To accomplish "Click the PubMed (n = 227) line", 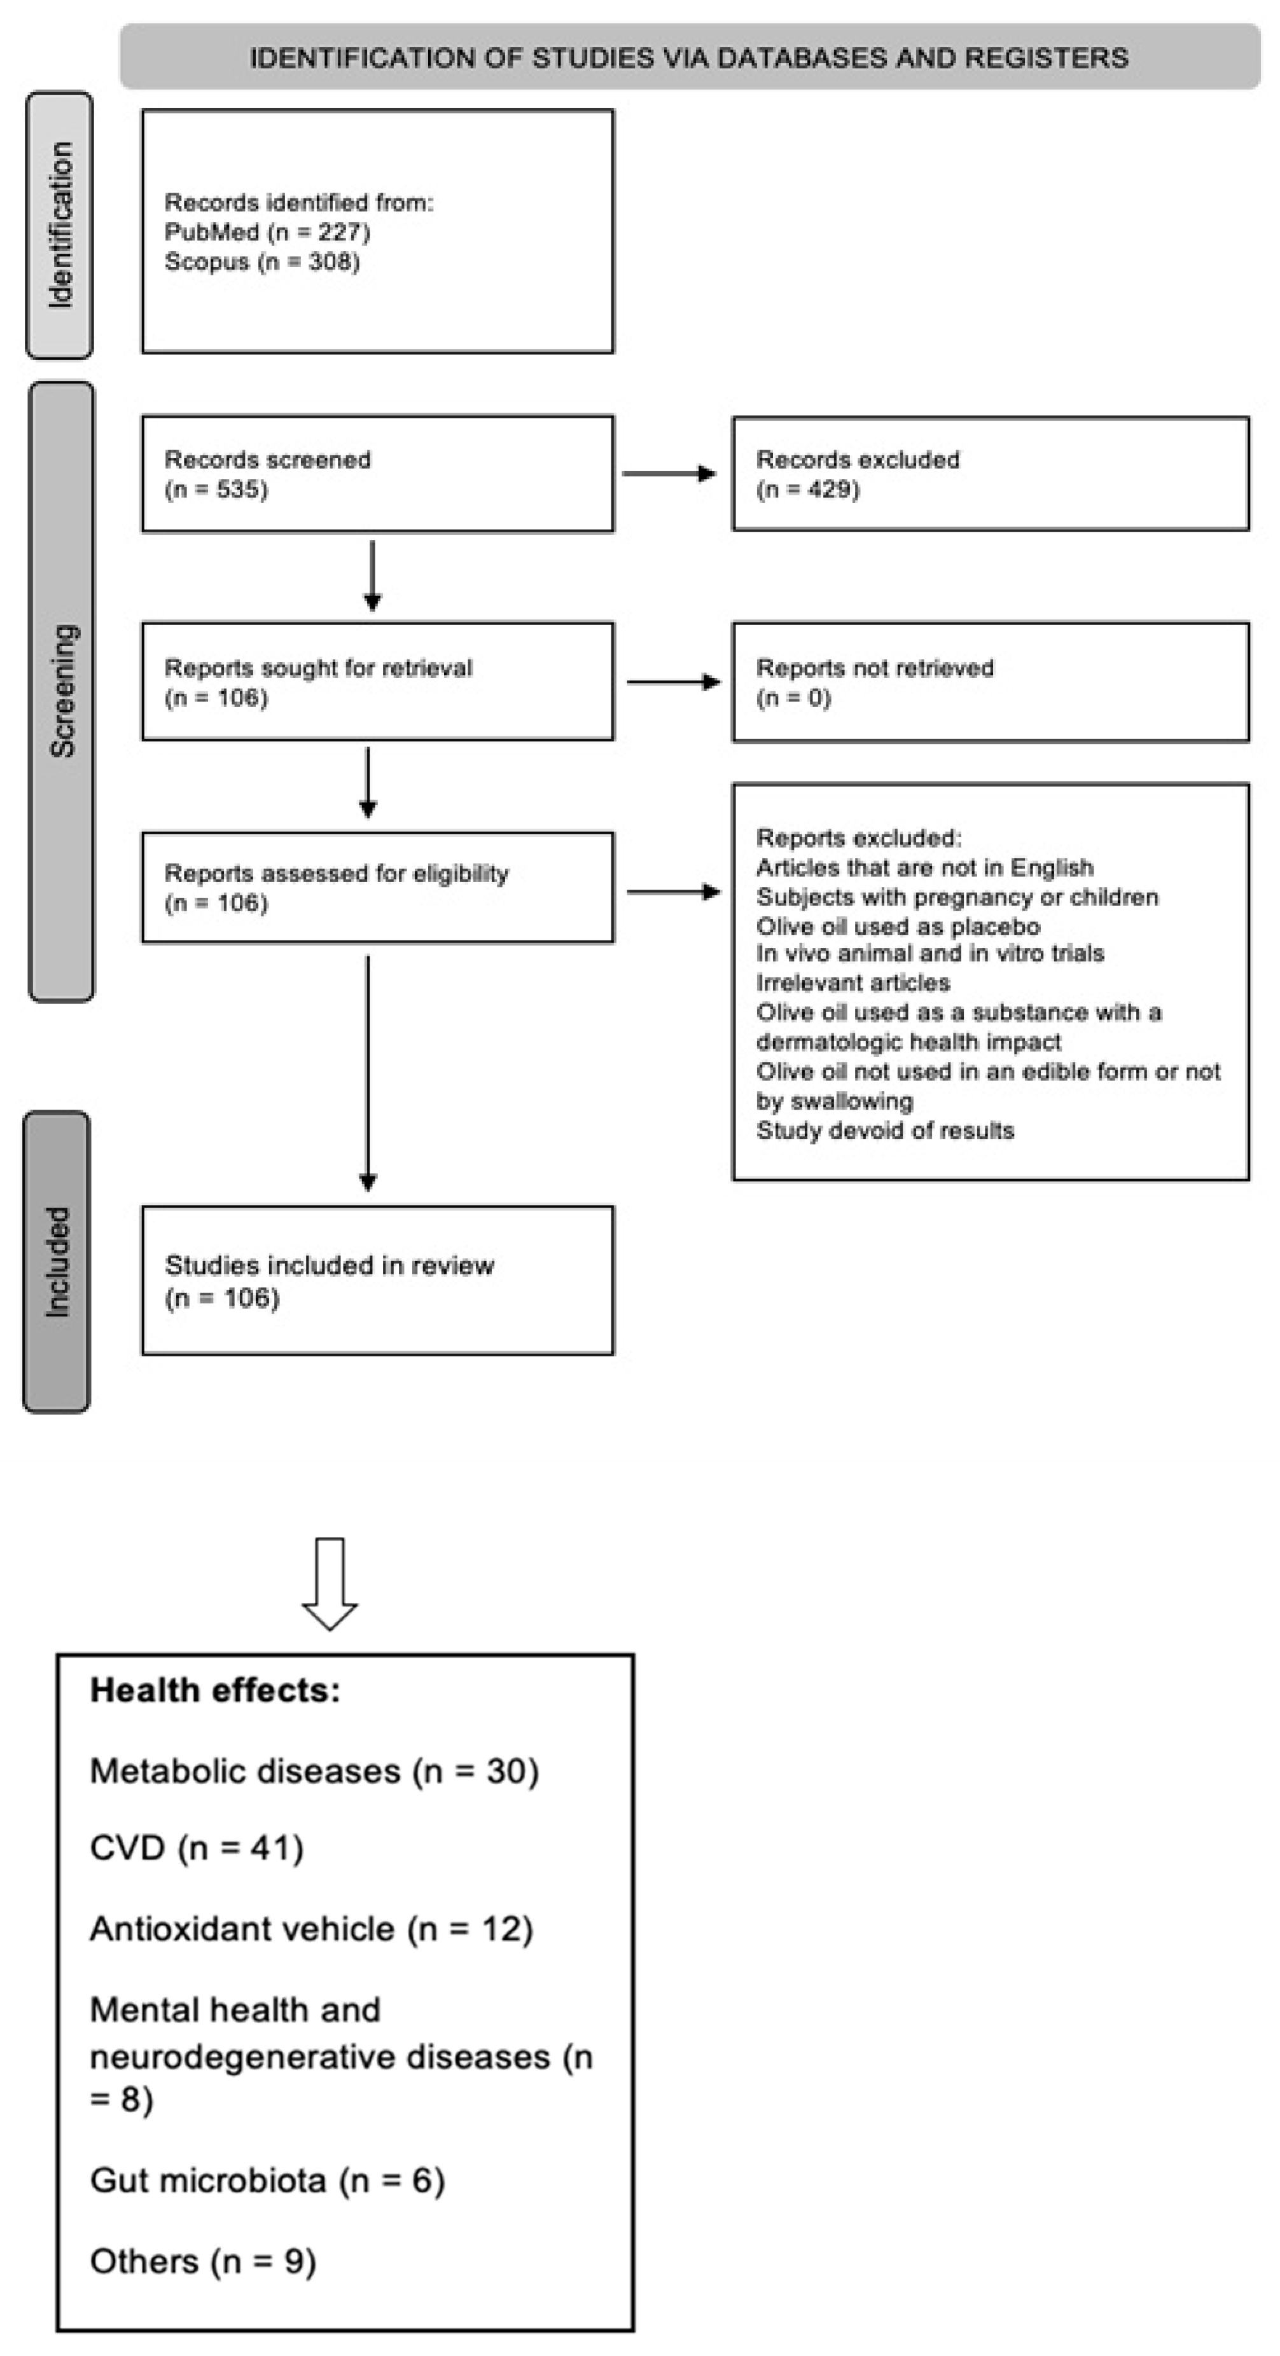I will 267,232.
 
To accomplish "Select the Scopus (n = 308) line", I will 261,263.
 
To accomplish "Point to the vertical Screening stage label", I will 62,691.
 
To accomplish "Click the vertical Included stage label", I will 57,1262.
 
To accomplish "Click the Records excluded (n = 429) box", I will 990,474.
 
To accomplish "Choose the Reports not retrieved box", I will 990,682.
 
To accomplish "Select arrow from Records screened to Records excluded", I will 668,474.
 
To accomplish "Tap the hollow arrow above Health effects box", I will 330,1584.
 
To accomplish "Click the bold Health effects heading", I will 215,1691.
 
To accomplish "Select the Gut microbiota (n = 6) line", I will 267,2180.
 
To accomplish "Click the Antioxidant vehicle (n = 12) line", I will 311,1929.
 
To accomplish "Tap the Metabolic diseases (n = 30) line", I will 314,1772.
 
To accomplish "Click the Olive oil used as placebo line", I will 898,927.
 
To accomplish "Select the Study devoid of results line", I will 885,1131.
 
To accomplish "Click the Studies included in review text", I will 330,1266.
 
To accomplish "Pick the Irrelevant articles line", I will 852,983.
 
